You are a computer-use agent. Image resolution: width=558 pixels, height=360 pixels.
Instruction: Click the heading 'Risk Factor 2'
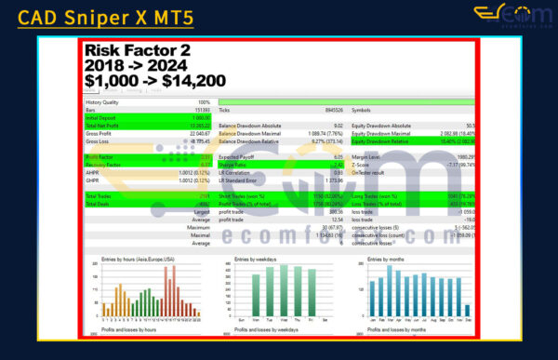137,51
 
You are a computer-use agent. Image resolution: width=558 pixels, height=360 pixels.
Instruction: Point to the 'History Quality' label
105,102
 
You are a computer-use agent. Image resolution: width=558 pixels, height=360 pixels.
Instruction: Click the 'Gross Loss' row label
98,141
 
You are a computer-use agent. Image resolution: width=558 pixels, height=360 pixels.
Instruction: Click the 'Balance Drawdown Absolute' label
252,126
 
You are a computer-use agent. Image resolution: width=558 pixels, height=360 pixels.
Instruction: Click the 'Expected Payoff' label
240,157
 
